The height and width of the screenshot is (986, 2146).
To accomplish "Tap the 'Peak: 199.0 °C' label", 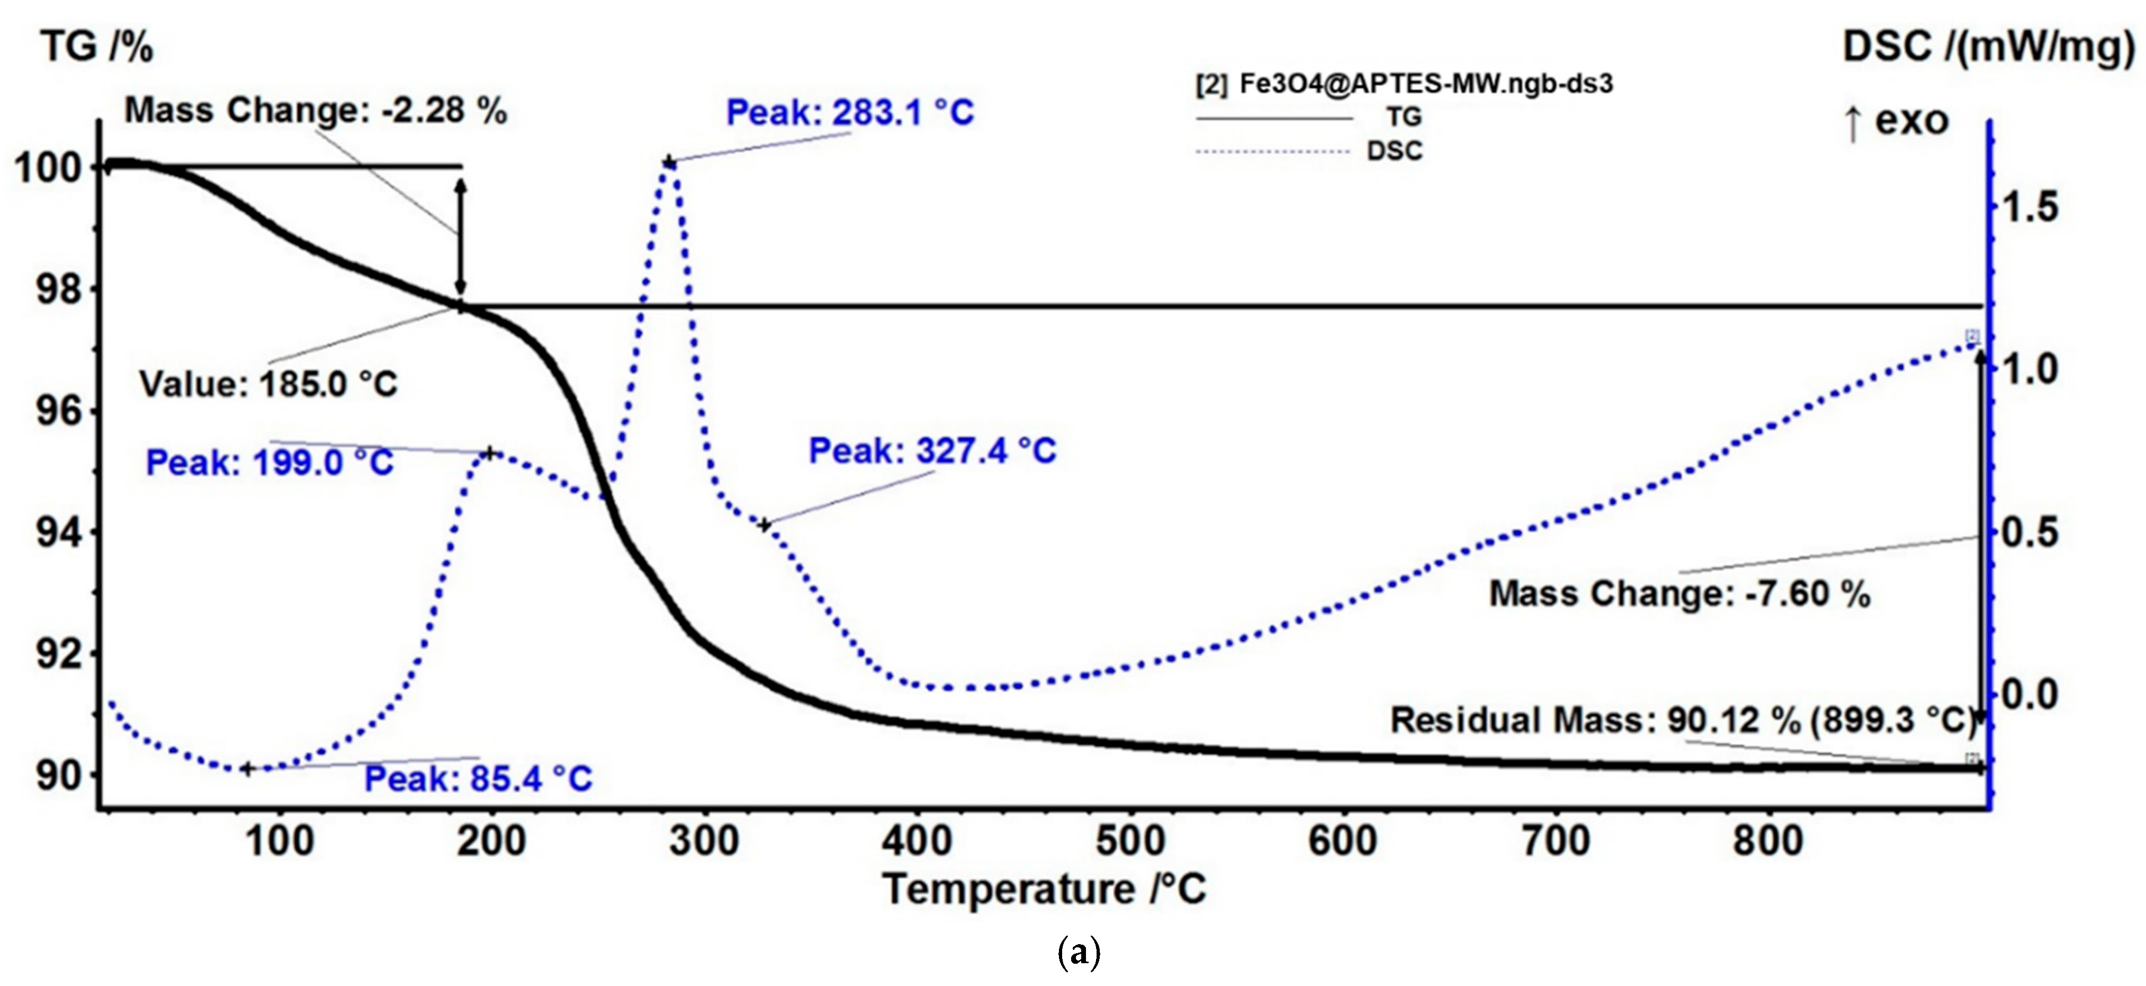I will pyautogui.click(x=269, y=463).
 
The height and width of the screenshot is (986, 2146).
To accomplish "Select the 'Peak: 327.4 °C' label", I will pyautogui.click(x=932, y=451).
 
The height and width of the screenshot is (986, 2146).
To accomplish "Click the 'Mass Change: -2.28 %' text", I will pyautogui.click(x=315, y=110).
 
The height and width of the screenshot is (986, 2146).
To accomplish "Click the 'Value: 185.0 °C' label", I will pyautogui.click(x=268, y=384).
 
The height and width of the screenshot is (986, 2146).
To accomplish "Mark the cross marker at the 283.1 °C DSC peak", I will pyautogui.click(x=668, y=161).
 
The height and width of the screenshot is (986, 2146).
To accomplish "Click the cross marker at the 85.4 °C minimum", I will pyautogui.click(x=247, y=768).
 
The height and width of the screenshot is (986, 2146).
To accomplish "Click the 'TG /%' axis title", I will pyautogui.click(x=97, y=47).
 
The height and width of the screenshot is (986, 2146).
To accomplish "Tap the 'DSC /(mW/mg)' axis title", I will pyautogui.click(x=1988, y=47).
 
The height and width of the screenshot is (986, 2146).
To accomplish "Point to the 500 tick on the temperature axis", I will pyautogui.click(x=1129, y=841).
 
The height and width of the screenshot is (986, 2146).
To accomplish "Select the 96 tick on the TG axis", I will pyautogui.click(x=58, y=411).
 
